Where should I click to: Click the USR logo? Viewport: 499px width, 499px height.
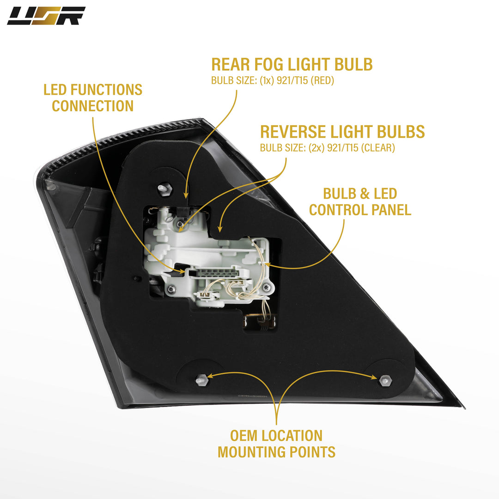pos(46,16)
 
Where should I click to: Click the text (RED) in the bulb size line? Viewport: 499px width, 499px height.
pos(323,80)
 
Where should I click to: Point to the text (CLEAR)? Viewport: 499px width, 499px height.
pos(378,148)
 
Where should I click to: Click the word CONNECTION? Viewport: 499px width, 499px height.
pos(92,106)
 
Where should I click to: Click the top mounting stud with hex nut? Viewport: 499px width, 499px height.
pos(165,189)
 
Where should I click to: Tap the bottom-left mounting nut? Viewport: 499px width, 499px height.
pos(202,380)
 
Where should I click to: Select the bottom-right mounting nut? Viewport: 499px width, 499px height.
pos(385,380)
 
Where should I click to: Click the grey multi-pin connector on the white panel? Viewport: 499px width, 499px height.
pos(215,273)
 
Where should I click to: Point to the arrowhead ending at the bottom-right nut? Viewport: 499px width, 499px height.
pos(374,377)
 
